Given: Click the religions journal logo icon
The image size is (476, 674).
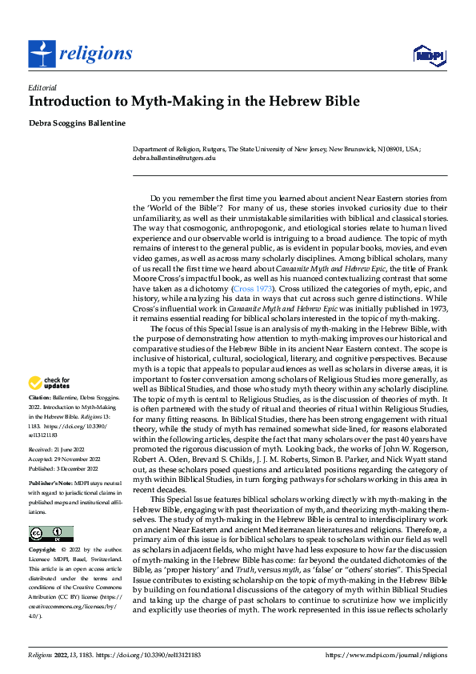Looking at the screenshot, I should [x=41, y=54].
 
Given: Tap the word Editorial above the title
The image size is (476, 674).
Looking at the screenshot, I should [x=42, y=87].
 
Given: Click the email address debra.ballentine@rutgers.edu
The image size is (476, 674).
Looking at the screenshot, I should [x=174, y=158].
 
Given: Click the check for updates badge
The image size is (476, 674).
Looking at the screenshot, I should [x=50, y=383].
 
